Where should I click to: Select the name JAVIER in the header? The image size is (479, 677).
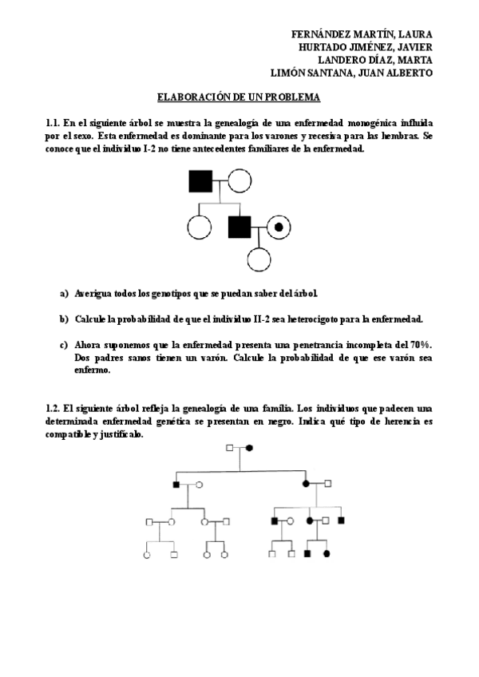[414, 47]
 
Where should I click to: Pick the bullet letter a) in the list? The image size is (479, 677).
[64, 293]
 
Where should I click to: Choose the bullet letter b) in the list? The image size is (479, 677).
[64, 319]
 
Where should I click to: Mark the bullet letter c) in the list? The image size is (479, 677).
[64, 344]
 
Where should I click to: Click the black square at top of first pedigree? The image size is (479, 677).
[200, 181]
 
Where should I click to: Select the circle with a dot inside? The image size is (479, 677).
[279, 228]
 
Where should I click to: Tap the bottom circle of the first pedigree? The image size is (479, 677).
[259, 259]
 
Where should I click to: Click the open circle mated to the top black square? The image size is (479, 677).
[239, 181]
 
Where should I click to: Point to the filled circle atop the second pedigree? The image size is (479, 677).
[249, 449]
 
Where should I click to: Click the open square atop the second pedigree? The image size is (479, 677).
[231, 449]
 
